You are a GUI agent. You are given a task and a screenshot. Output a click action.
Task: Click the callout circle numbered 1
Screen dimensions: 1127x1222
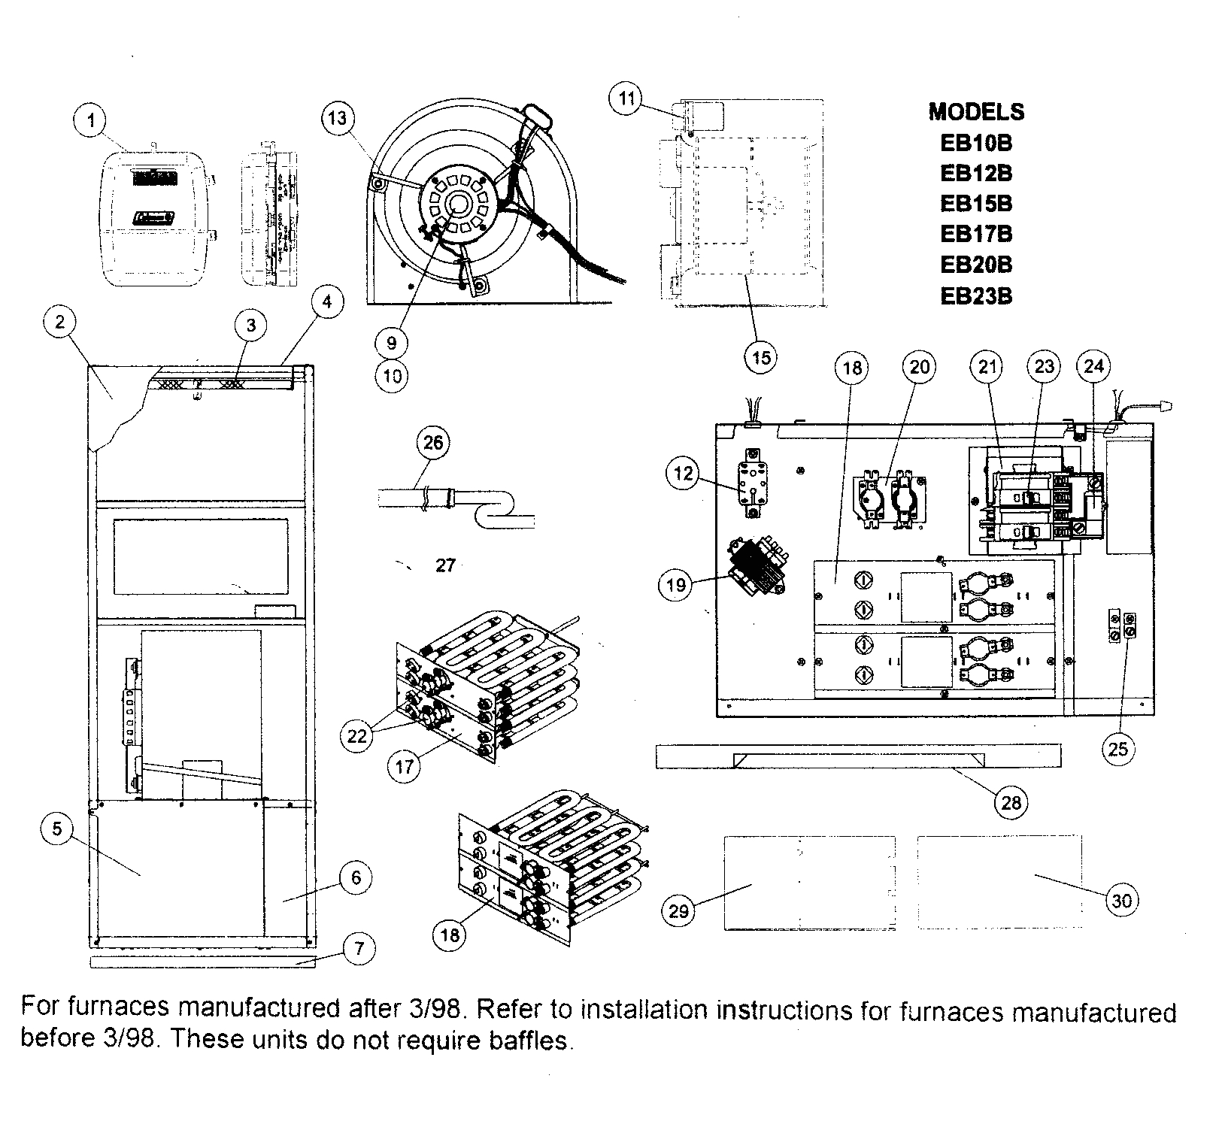(91, 121)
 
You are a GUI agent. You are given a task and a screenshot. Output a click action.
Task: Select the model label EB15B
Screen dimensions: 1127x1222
(976, 204)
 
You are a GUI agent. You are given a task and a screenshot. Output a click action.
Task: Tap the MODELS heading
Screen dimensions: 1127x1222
(976, 112)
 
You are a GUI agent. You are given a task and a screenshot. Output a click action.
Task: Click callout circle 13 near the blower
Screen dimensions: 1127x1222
(338, 119)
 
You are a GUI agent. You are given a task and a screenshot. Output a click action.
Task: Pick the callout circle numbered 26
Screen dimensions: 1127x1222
(433, 443)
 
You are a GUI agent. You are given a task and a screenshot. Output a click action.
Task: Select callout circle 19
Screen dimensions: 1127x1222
(676, 584)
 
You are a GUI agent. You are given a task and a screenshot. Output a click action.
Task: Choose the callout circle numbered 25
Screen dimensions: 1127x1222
(1118, 749)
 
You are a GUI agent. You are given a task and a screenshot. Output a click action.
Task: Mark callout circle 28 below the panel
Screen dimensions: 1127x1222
(1011, 803)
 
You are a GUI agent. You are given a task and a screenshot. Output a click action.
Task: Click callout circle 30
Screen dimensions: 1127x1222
(1121, 900)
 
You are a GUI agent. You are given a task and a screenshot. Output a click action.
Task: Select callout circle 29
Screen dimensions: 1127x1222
(678, 911)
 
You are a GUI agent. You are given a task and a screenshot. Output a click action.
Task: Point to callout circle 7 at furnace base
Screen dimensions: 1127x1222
(359, 949)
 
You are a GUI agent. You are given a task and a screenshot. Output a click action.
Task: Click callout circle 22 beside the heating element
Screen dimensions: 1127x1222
(356, 735)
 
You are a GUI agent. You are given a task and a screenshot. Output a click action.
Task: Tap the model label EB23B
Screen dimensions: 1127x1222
(976, 295)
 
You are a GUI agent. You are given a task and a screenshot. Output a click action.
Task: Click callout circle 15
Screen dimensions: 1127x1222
(761, 357)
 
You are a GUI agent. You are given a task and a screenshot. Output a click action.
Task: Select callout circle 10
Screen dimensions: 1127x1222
(392, 375)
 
